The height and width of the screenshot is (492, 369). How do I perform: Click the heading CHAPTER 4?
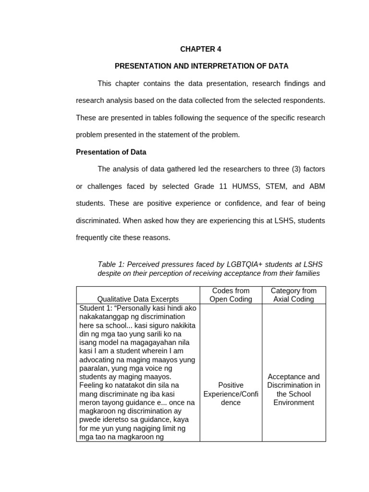click(x=201, y=49)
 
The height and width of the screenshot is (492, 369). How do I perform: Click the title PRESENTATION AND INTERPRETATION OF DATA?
click(x=201, y=66)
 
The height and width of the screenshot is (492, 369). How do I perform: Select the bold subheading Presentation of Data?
click(x=111, y=152)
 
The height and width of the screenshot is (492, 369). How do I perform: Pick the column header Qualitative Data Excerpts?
click(x=138, y=299)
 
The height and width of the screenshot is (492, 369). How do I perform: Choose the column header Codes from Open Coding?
click(x=231, y=295)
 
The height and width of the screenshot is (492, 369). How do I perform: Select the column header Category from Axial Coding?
click(x=294, y=295)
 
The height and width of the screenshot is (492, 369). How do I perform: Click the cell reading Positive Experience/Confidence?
click(x=231, y=394)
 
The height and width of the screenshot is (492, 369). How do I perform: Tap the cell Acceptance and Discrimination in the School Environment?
click(x=294, y=389)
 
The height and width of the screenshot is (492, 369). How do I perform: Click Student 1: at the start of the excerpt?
click(x=95, y=308)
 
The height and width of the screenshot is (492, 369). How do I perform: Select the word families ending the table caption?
click(x=307, y=273)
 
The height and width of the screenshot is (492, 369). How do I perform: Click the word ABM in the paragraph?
click(x=317, y=186)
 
